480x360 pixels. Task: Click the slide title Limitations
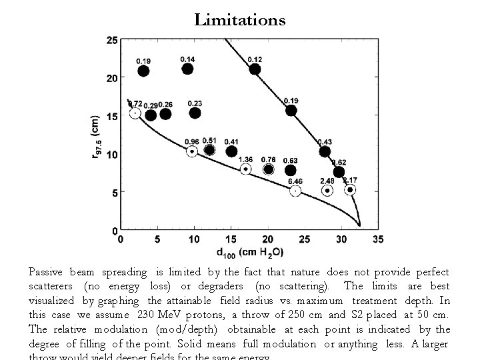click(240, 20)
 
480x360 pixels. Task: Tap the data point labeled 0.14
click(187, 69)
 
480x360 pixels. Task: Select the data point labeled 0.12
click(255, 69)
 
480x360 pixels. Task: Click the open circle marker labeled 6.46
click(295, 191)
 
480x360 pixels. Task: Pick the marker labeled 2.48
click(327, 191)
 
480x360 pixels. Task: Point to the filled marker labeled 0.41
click(231, 151)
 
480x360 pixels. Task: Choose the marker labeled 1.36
click(245, 169)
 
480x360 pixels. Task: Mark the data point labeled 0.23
click(195, 113)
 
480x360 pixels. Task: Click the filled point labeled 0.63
click(290, 171)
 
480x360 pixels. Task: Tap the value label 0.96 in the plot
click(191, 141)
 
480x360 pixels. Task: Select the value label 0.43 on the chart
click(325, 141)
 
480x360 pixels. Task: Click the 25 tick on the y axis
click(112, 41)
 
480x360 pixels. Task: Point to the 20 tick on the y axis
click(112, 78)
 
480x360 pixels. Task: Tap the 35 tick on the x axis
click(378, 239)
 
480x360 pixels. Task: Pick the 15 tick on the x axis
click(231, 239)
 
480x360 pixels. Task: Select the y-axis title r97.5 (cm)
click(95, 137)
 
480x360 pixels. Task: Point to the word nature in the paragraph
click(305, 272)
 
